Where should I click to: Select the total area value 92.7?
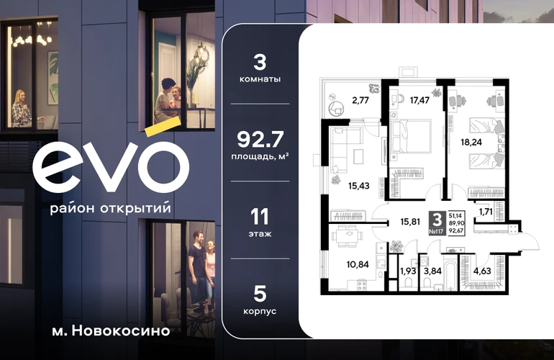point(260,140)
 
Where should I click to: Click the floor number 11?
point(260,217)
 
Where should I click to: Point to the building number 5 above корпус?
point(260,294)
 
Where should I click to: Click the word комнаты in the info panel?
point(260,79)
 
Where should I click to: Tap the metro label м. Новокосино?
point(111,331)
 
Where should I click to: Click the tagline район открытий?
point(111,208)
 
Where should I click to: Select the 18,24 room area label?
point(471,142)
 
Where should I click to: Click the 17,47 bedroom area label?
point(419,100)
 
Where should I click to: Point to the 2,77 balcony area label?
point(360,100)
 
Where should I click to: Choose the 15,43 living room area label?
point(358,186)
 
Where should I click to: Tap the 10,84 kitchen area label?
point(358,264)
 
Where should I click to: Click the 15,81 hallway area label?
point(410,222)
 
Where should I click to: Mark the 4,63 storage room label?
point(482,271)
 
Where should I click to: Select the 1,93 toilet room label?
point(408,271)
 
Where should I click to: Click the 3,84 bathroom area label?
point(432,271)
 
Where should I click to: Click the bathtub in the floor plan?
point(450,275)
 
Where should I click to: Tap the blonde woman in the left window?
point(22,109)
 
